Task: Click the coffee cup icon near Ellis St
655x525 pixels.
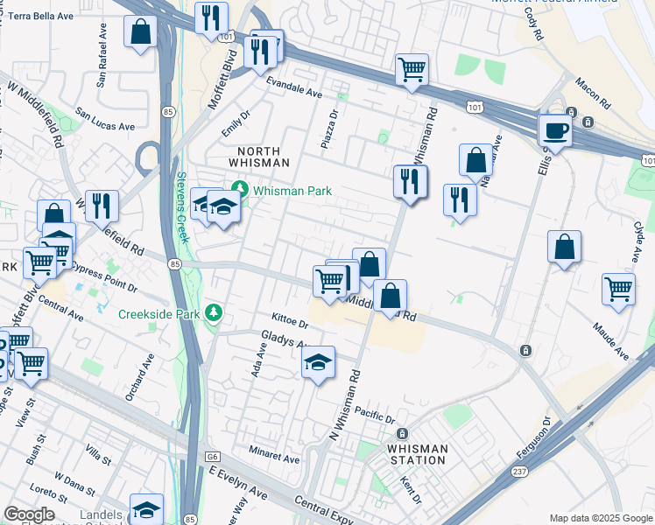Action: click(555, 132)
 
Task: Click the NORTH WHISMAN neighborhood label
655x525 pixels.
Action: click(258, 157)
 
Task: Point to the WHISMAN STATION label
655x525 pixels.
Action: click(417, 454)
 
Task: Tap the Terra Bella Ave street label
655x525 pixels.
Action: click(41, 16)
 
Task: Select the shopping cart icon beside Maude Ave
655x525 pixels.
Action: click(618, 288)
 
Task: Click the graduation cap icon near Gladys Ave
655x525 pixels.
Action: click(319, 361)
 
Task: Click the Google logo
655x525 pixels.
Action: click(29, 514)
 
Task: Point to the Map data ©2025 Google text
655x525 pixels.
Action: click(601, 518)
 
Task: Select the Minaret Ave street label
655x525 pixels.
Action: click(273, 458)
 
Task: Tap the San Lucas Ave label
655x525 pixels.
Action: click(105, 119)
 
